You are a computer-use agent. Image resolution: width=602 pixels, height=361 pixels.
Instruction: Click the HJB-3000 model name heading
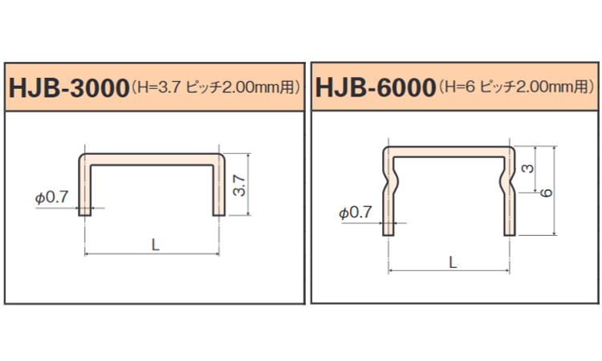(68, 87)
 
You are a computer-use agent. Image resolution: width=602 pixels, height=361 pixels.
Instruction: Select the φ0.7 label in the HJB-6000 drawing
(356, 213)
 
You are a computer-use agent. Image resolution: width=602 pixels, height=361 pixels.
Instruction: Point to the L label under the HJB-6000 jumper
(453, 262)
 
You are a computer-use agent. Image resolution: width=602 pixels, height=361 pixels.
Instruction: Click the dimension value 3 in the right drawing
(527, 169)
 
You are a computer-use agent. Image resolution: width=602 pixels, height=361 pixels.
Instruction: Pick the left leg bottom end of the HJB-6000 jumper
(388, 231)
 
